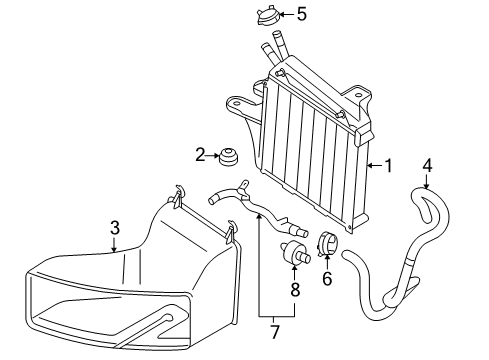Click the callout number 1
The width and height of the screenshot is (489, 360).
[x=388, y=166]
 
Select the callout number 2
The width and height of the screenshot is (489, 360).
[x=200, y=155]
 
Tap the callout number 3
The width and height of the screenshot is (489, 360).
[x=115, y=228]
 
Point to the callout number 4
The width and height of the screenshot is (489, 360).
[x=427, y=166]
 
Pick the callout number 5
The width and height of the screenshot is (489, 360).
[x=302, y=14]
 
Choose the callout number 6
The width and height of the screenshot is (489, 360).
[x=327, y=279]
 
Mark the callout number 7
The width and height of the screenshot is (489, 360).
[x=274, y=332]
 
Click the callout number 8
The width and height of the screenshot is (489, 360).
[x=295, y=290]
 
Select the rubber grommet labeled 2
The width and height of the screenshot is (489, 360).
[x=229, y=156]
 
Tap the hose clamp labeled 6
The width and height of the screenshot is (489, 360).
[x=327, y=244]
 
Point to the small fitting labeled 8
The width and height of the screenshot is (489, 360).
[x=295, y=253]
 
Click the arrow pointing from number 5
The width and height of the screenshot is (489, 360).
[x=287, y=15]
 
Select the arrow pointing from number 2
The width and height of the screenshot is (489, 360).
[x=213, y=155]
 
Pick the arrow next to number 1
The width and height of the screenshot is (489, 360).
[x=375, y=165]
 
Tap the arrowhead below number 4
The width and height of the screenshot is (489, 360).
[x=427, y=186]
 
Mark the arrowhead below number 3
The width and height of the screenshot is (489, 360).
[x=114, y=249]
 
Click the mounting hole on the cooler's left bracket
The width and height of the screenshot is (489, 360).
[x=238, y=103]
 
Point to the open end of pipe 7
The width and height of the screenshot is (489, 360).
[x=211, y=200]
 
